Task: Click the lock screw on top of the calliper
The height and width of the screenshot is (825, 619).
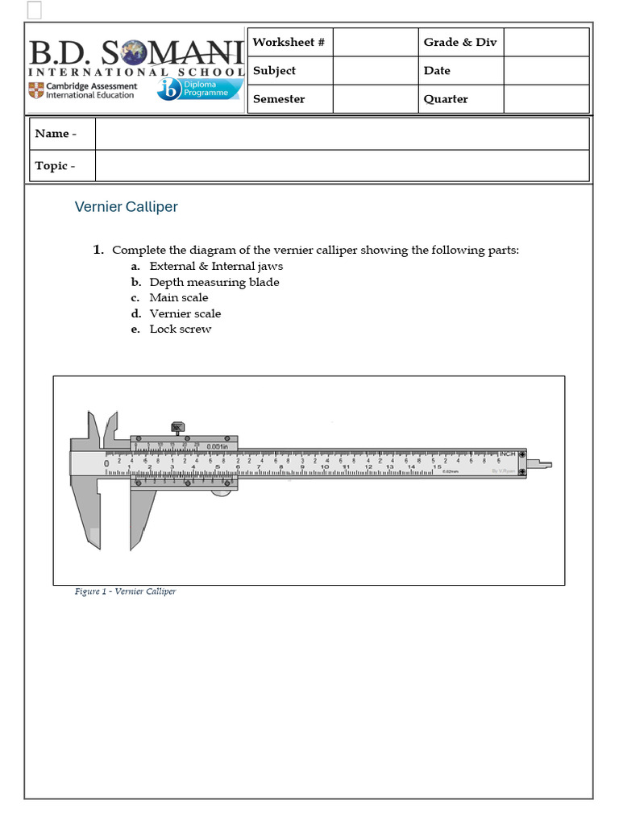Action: [177, 429]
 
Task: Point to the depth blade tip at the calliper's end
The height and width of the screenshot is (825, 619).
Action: [546, 464]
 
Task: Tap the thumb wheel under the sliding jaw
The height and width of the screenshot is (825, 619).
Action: [219, 491]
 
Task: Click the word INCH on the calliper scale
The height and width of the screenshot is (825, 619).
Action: [507, 454]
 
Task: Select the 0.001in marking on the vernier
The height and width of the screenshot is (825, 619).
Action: [217, 446]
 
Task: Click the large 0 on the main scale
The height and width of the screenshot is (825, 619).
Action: [106, 463]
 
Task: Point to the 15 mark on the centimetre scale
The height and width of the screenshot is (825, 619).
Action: [436, 466]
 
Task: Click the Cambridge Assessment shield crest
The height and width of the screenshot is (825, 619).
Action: [35, 90]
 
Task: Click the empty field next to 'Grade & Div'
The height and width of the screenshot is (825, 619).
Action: [546, 42]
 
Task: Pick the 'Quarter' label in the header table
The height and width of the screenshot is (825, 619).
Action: [446, 99]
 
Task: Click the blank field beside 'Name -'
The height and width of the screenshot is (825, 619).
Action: [341, 134]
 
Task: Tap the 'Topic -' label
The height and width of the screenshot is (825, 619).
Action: [55, 165]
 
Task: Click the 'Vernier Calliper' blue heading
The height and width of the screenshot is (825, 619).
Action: [126, 207]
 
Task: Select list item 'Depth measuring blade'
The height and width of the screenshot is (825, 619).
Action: [214, 282]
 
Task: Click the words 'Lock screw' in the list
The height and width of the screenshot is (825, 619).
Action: [181, 329]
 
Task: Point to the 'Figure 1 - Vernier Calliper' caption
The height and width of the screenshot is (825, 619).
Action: [125, 591]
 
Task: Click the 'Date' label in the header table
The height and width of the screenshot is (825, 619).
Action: [437, 70]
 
